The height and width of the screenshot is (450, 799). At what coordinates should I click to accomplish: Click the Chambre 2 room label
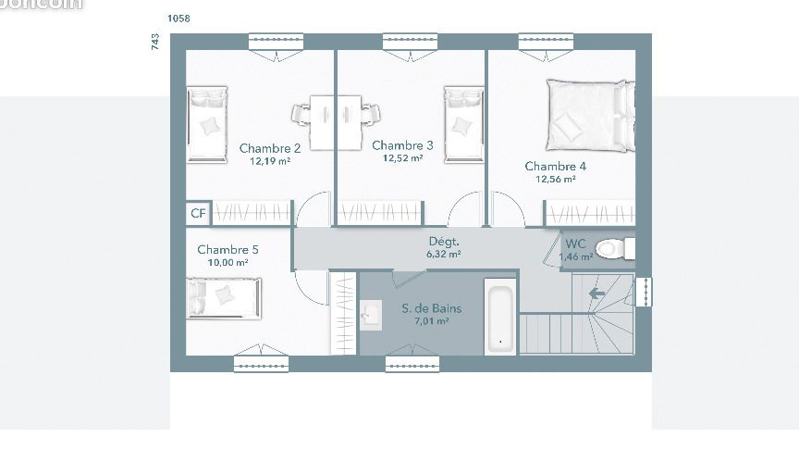270,148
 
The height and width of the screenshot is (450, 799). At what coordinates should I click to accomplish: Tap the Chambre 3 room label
402,145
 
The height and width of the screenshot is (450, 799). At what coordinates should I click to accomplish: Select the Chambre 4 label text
555,167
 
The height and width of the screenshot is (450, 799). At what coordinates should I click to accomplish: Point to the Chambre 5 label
227,250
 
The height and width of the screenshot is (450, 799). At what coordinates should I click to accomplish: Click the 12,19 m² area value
270,160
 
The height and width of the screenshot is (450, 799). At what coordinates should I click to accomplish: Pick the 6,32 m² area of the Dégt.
444,254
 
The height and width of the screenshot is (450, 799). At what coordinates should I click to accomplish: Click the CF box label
198,214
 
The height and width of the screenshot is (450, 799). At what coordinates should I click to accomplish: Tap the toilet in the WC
613,248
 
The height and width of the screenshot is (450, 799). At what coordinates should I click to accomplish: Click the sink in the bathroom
372,315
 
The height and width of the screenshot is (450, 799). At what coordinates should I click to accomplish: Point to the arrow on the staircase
597,294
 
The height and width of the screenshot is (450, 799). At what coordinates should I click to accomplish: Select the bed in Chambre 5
225,297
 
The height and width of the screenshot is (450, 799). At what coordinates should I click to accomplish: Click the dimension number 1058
179,19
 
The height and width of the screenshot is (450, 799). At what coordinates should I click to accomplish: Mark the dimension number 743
155,42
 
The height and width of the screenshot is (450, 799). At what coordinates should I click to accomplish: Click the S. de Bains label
431,308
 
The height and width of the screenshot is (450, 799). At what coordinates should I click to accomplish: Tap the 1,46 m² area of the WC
575,256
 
